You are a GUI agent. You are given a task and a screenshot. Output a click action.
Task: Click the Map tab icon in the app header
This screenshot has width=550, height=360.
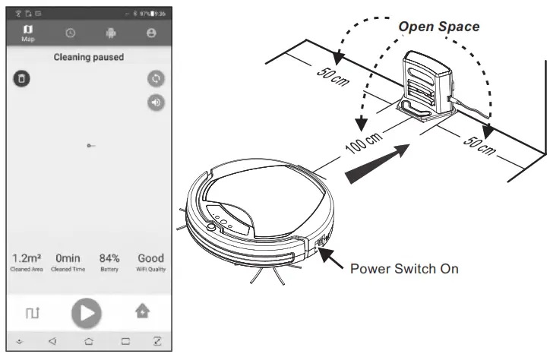click(28, 32)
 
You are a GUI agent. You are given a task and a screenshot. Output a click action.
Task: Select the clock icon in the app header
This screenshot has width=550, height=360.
click(71, 34)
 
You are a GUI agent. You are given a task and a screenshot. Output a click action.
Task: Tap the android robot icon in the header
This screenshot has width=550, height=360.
click(110, 34)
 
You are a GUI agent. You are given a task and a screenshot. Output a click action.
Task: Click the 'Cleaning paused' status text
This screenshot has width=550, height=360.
click(89, 57)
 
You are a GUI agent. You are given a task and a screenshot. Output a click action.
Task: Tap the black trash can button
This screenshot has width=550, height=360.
click(22, 78)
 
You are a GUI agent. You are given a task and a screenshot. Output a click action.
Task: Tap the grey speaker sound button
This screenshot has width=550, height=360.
click(156, 103)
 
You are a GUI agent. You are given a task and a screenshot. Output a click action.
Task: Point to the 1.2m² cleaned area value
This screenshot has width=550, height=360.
click(27, 258)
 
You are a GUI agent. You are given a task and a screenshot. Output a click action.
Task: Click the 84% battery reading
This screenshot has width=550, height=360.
click(109, 258)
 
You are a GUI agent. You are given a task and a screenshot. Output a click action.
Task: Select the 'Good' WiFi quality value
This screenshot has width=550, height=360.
click(150, 258)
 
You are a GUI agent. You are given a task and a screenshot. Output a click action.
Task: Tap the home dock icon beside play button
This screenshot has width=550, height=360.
click(142, 311)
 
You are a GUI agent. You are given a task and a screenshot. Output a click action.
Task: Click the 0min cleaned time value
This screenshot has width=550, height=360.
click(68, 258)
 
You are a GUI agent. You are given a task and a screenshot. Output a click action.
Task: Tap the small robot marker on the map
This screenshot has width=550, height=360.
click(90, 144)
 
